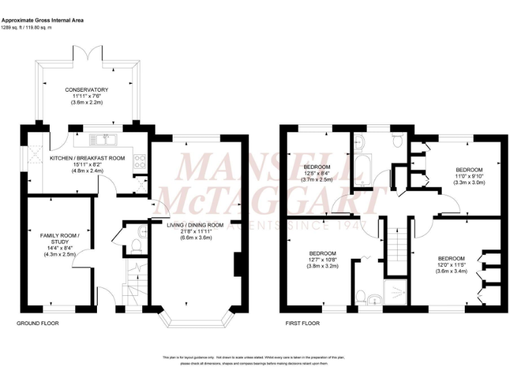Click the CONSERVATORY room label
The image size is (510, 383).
pos(86,90)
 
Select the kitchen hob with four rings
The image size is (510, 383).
pos(139,160)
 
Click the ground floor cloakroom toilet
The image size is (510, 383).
pos(136,245)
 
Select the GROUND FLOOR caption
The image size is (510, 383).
pos(37,324)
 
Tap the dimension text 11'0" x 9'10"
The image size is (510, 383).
pos(468,176)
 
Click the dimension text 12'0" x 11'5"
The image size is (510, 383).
pos(452,265)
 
